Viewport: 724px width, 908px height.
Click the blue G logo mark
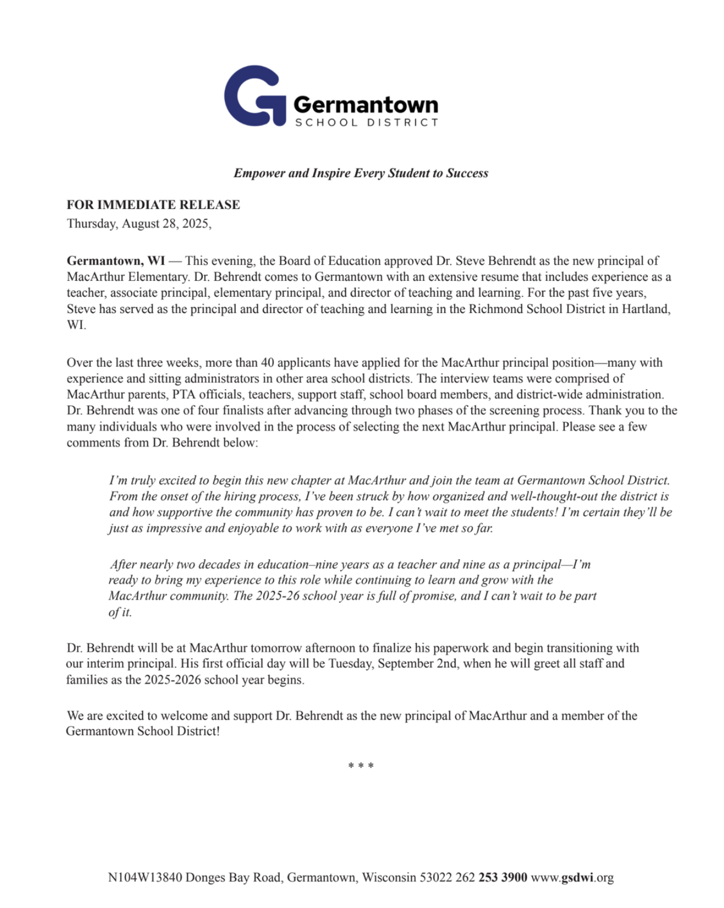coord(254,96)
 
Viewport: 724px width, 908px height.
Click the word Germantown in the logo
coord(366,104)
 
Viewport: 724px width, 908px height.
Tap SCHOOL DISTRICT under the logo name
coord(366,122)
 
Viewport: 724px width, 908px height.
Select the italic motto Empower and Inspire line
coord(361,173)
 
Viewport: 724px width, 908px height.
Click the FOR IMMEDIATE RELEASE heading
coord(153,205)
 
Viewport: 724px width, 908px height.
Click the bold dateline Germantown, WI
coord(116,260)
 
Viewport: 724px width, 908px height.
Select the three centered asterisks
coord(361,766)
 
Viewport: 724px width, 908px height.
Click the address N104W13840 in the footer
coord(145,877)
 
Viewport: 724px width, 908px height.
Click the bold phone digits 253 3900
coord(502,877)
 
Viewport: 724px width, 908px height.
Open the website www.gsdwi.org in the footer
coord(572,877)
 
